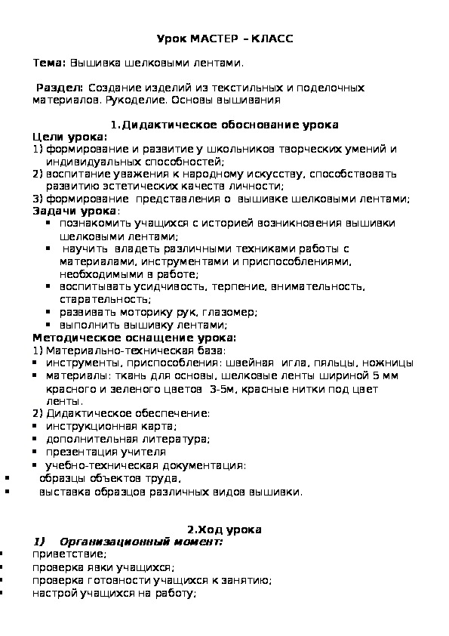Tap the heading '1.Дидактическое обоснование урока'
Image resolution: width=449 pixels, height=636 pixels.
(x=224, y=125)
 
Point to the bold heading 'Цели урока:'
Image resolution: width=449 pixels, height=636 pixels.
(x=70, y=137)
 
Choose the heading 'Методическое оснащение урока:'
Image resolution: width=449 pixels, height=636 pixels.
(x=134, y=337)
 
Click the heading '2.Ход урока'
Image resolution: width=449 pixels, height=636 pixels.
(x=224, y=530)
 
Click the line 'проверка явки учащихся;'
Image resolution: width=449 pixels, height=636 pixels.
(x=103, y=567)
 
